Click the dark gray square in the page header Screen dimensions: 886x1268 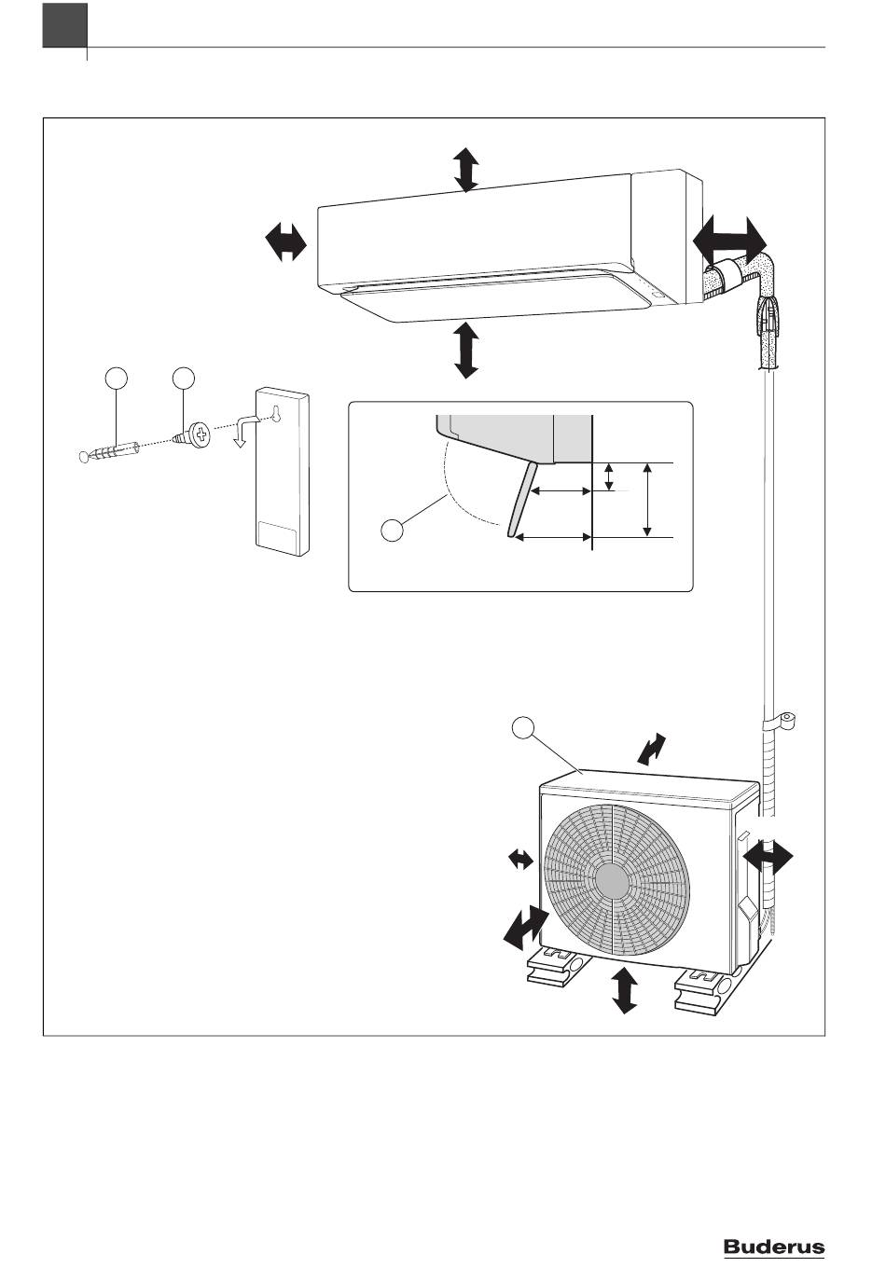pos(65,25)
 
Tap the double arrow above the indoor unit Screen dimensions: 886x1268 pos(466,170)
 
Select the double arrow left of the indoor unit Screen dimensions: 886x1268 pos(286,241)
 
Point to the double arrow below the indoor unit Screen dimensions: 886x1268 pos(466,350)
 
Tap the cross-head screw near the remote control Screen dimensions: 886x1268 pos(192,436)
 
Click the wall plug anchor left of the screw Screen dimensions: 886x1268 pos(109,451)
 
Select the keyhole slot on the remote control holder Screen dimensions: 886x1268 pos(276,413)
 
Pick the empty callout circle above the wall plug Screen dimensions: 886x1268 pos(116,379)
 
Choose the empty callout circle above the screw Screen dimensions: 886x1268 pos(184,379)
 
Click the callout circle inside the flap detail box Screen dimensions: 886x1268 pos(392,531)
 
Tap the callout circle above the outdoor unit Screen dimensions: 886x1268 pos(522,727)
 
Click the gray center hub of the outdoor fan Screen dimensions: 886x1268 pos(612,883)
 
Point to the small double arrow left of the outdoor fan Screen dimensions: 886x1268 pos(520,860)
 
